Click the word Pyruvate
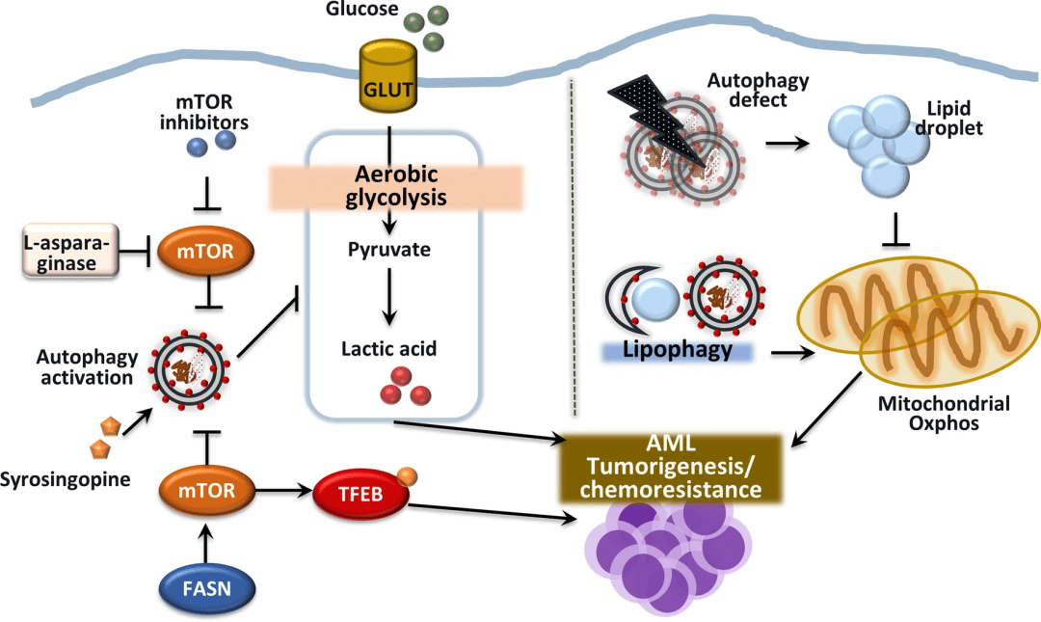tap(389, 250)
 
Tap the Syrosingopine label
tap(65, 478)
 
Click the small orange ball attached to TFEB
tap(407, 475)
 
